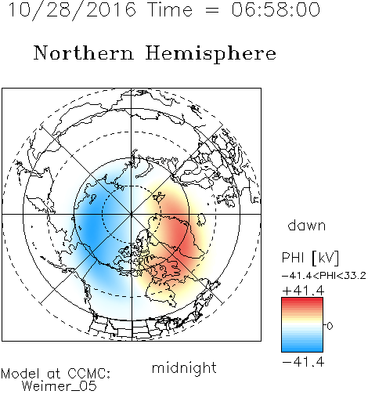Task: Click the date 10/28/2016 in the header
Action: click(72, 10)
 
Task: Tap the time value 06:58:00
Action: click(276, 9)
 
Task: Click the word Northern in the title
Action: click(84, 52)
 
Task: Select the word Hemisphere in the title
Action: click(211, 54)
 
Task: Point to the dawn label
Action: click(307, 225)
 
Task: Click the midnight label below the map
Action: click(184, 367)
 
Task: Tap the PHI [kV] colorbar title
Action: click(310, 258)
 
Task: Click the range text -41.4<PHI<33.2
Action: click(324, 276)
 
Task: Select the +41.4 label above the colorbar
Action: click(303, 291)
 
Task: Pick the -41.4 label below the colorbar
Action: click(303, 362)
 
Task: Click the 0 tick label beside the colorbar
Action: click(330, 326)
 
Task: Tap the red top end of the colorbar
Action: click(302, 299)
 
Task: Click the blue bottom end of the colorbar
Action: click(302, 349)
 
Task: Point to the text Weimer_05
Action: click(60, 386)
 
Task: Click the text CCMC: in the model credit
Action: click(88, 374)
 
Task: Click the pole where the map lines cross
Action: click(132, 214)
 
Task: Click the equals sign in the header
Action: click(211, 10)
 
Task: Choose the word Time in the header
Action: click(170, 9)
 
